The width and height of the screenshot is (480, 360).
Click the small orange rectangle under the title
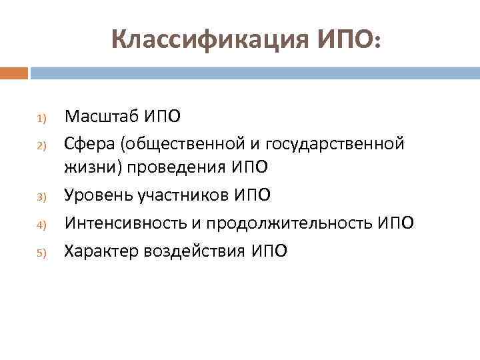(x=14, y=72)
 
